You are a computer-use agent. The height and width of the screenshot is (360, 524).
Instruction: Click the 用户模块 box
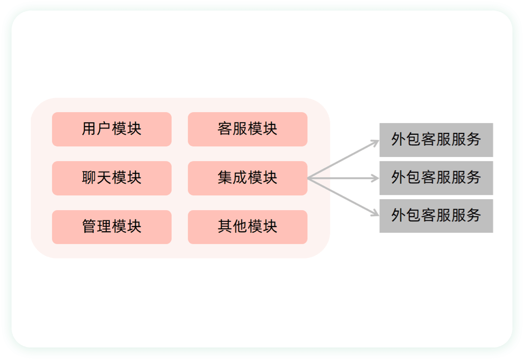pos(112,129)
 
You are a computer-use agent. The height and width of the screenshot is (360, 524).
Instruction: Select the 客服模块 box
pos(248,129)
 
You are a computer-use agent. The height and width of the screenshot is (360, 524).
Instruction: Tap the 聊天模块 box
pos(112,179)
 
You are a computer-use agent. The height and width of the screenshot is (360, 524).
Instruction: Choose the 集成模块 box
pos(248,179)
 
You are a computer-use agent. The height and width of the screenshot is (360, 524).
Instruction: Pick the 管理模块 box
pos(112,227)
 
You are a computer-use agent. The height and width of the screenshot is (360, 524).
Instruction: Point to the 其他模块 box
pos(248,227)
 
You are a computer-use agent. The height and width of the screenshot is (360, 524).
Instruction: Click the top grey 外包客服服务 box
pos(436,140)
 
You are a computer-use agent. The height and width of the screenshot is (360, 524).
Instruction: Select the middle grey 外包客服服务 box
pos(436,178)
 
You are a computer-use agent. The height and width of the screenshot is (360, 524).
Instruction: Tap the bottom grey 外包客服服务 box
pos(436,216)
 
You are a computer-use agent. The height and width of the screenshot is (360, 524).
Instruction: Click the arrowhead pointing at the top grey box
pos(376,142)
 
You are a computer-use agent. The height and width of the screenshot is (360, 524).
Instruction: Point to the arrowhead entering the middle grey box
pos(376,179)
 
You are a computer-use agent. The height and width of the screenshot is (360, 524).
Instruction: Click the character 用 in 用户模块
pos(89,129)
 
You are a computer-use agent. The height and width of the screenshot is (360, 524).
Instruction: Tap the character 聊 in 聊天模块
pos(89,178)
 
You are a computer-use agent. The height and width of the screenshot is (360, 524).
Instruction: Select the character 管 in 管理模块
pos(89,226)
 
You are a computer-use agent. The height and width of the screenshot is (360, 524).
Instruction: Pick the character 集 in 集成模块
pos(225,178)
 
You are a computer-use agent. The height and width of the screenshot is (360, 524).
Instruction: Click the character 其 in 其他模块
pos(225,226)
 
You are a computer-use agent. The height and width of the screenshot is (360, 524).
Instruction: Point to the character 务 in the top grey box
pos(474,139)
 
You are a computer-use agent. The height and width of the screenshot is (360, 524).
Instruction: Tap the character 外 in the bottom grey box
pos(399,216)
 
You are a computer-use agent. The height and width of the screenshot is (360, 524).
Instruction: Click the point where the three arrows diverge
pos(308,179)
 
